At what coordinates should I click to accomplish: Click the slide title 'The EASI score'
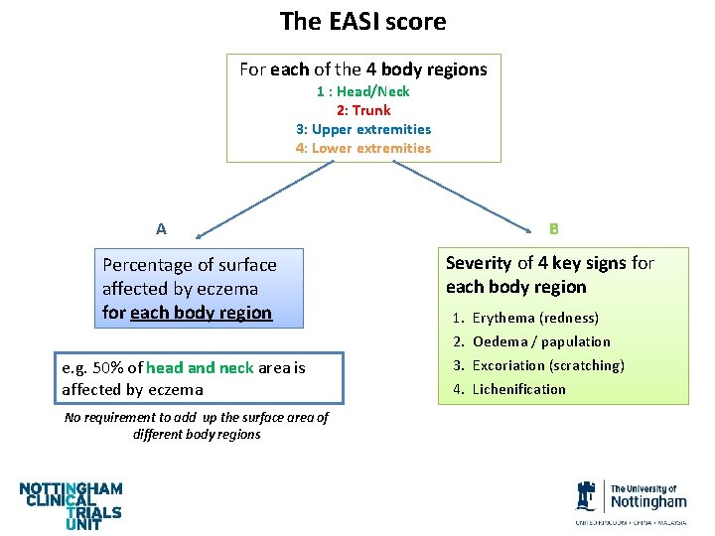pyautogui.click(x=362, y=21)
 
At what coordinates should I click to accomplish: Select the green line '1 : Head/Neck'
pyautogui.click(x=363, y=91)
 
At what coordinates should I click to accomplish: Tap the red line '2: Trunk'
pyautogui.click(x=363, y=110)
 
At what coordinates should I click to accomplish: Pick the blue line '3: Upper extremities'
pyautogui.click(x=363, y=129)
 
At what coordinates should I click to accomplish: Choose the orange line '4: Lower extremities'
pyautogui.click(x=363, y=148)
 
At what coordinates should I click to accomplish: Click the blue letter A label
pyautogui.click(x=161, y=229)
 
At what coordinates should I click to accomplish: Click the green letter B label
pyautogui.click(x=554, y=229)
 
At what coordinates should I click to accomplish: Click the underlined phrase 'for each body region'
pyautogui.click(x=187, y=313)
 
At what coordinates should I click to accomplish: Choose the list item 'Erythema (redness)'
pyautogui.click(x=534, y=318)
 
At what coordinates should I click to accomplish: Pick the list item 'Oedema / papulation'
pyautogui.click(x=540, y=341)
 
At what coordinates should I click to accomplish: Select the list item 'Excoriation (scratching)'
pyautogui.click(x=547, y=365)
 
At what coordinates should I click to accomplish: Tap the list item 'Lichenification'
pyautogui.click(x=518, y=389)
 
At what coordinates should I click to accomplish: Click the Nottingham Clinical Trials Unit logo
pyautogui.click(x=71, y=504)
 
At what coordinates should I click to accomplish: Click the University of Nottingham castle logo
pyautogui.click(x=586, y=495)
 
